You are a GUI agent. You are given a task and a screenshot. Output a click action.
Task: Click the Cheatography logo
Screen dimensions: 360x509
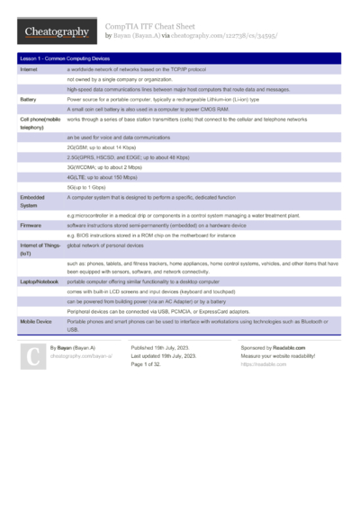[x=56, y=31]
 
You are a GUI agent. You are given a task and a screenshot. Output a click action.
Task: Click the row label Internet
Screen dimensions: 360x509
[x=29, y=69]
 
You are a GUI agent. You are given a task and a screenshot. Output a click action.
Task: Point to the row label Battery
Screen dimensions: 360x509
[x=28, y=99]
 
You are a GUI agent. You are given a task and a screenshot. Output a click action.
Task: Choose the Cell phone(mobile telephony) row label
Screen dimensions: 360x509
[x=40, y=123]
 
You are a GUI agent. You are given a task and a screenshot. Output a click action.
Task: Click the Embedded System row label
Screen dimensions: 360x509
[x=32, y=200]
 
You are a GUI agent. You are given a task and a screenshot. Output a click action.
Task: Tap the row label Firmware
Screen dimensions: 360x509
[x=31, y=225]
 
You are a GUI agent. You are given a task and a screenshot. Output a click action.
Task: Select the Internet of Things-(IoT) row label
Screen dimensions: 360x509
[x=40, y=249]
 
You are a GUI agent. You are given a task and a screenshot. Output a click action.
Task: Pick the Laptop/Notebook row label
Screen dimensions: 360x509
[x=39, y=281]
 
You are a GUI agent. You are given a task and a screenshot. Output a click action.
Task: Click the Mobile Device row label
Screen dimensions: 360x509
[x=35, y=321]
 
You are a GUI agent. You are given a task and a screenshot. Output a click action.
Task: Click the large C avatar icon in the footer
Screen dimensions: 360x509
[x=31, y=356]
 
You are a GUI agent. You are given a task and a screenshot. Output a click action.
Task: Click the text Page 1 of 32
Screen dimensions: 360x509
[x=150, y=364]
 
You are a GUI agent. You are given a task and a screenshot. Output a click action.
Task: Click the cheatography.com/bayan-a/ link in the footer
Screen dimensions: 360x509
[x=81, y=356]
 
